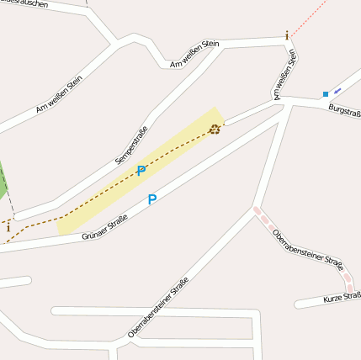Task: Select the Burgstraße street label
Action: (x=344, y=111)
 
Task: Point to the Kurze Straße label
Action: (x=342, y=297)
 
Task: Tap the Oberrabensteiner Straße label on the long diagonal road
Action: (x=158, y=307)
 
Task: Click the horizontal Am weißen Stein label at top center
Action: (x=194, y=53)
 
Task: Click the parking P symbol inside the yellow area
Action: (x=141, y=171)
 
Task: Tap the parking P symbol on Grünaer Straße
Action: (x=152, y=200)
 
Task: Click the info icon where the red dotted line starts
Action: (x=287, y=35)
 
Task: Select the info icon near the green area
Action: (x=8, y=226)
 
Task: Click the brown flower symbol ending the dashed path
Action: (x=215, y=129)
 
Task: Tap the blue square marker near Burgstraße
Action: (x=325, y=94)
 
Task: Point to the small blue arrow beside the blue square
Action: (x=337, y=90)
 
